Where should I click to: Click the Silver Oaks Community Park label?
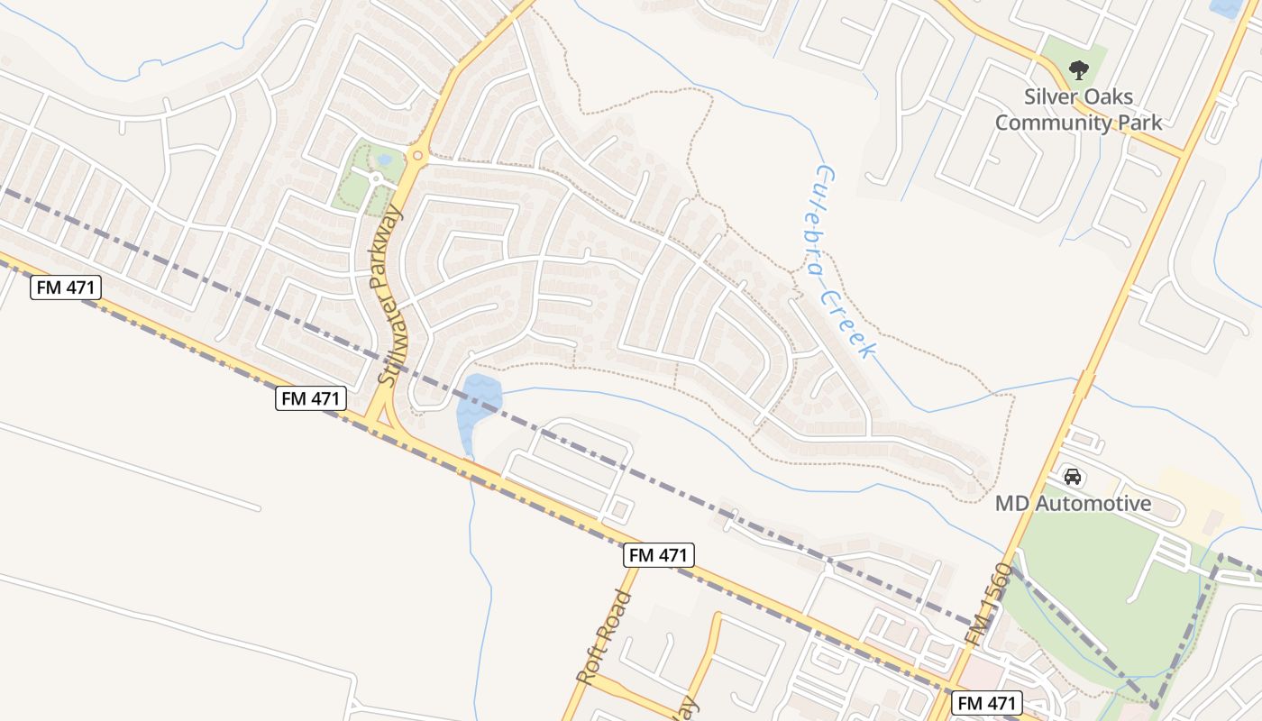pos(1078,109)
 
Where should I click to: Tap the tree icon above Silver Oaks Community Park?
pos(1077,68)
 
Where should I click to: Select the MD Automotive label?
pos(1073,503)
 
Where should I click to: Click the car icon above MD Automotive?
pos(1073,476)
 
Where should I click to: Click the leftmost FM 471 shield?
pos(66,288)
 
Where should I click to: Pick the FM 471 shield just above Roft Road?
pos(659,555)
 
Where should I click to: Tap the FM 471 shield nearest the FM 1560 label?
pos(987,703)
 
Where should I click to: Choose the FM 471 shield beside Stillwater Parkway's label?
pos(311,398)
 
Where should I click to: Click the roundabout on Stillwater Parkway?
pos(416,156)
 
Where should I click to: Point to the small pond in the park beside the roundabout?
pos(385,160)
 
